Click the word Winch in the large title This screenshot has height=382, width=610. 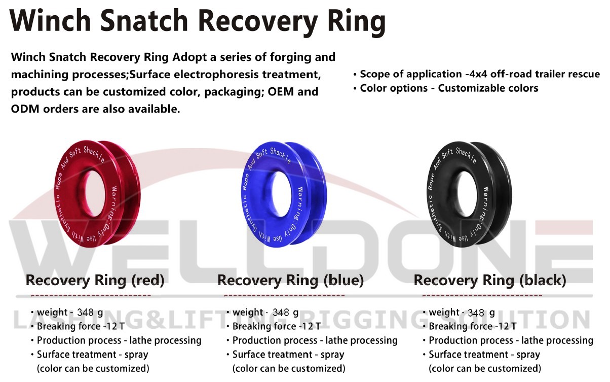50,20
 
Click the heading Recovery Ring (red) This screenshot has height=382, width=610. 95,281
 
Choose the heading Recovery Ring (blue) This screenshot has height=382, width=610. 291,281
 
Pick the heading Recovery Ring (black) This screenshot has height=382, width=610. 490,281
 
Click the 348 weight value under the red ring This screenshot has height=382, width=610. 86,312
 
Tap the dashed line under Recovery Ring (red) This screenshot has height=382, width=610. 91,295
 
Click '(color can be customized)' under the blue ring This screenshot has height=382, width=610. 289,369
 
